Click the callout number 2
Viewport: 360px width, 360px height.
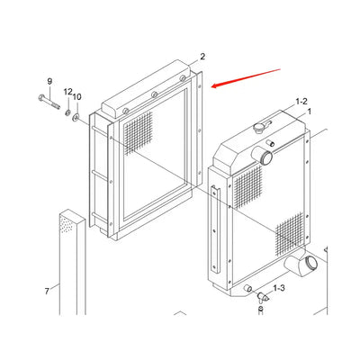[202, 57]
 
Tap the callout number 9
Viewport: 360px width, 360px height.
[49, 81]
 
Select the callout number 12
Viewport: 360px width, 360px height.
[68, 92]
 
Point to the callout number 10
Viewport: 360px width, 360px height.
[76, 97]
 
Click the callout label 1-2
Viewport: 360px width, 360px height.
[301, 102]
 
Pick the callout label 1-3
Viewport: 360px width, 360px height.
[279, 288]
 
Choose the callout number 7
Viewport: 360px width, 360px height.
[47, 291]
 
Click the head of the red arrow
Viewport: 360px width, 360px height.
[213, 86]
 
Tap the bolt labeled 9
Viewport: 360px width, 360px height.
[49, 102]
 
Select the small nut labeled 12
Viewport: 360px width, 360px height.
[68, 112]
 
